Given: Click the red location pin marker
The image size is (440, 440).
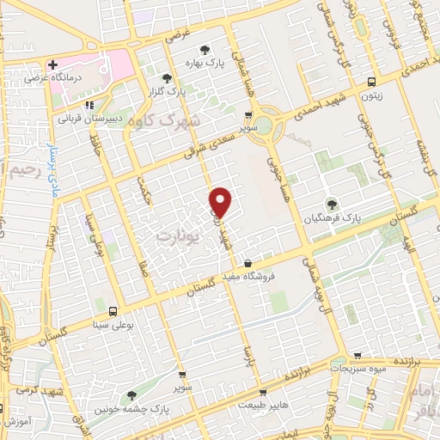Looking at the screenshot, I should tap(221, 202).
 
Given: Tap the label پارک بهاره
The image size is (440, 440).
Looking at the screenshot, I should tap(205, 64).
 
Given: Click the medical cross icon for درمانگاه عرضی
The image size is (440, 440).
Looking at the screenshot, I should tap(54, 65).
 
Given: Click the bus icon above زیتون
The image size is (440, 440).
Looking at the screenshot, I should tap(370, 82).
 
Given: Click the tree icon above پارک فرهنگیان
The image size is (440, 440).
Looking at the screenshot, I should tap(332, 204).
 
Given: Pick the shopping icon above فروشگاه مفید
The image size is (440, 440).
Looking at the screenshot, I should tap(247, 263).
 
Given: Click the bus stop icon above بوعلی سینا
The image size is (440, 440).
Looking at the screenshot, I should tap(113, 310).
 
